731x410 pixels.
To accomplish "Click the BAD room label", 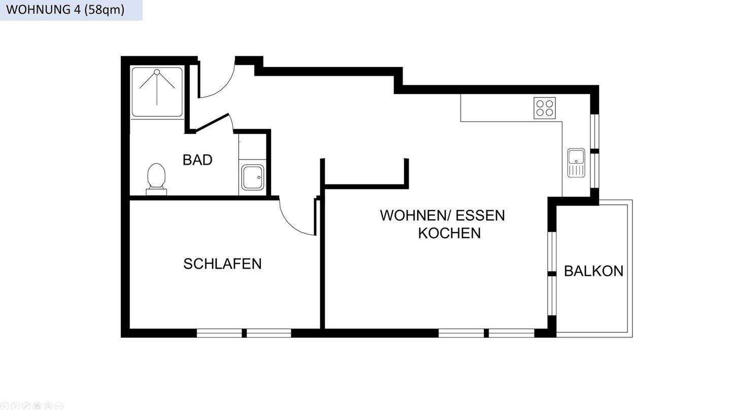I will point(197,160).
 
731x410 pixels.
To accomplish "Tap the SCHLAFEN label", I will point(222,264).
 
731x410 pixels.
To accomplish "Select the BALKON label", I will point(593,271).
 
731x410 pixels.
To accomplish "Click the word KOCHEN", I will point(449,233).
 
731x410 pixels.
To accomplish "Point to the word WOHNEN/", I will point(415,215).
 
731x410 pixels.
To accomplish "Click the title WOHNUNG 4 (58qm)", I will point(65,10).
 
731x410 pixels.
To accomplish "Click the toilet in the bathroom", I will point(156,178).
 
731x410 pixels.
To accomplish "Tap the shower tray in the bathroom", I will point(157,92).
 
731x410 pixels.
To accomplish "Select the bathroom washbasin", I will point(252,177).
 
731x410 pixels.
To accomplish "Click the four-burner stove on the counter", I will point(544,108).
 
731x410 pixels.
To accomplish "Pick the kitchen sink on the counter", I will point(576,163).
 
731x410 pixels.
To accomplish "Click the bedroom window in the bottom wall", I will point(244,333).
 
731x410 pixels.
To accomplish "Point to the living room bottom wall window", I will point(486,333).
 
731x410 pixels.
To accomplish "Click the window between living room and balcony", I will point(552,274).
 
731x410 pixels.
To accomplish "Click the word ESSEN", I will point(480,215).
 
